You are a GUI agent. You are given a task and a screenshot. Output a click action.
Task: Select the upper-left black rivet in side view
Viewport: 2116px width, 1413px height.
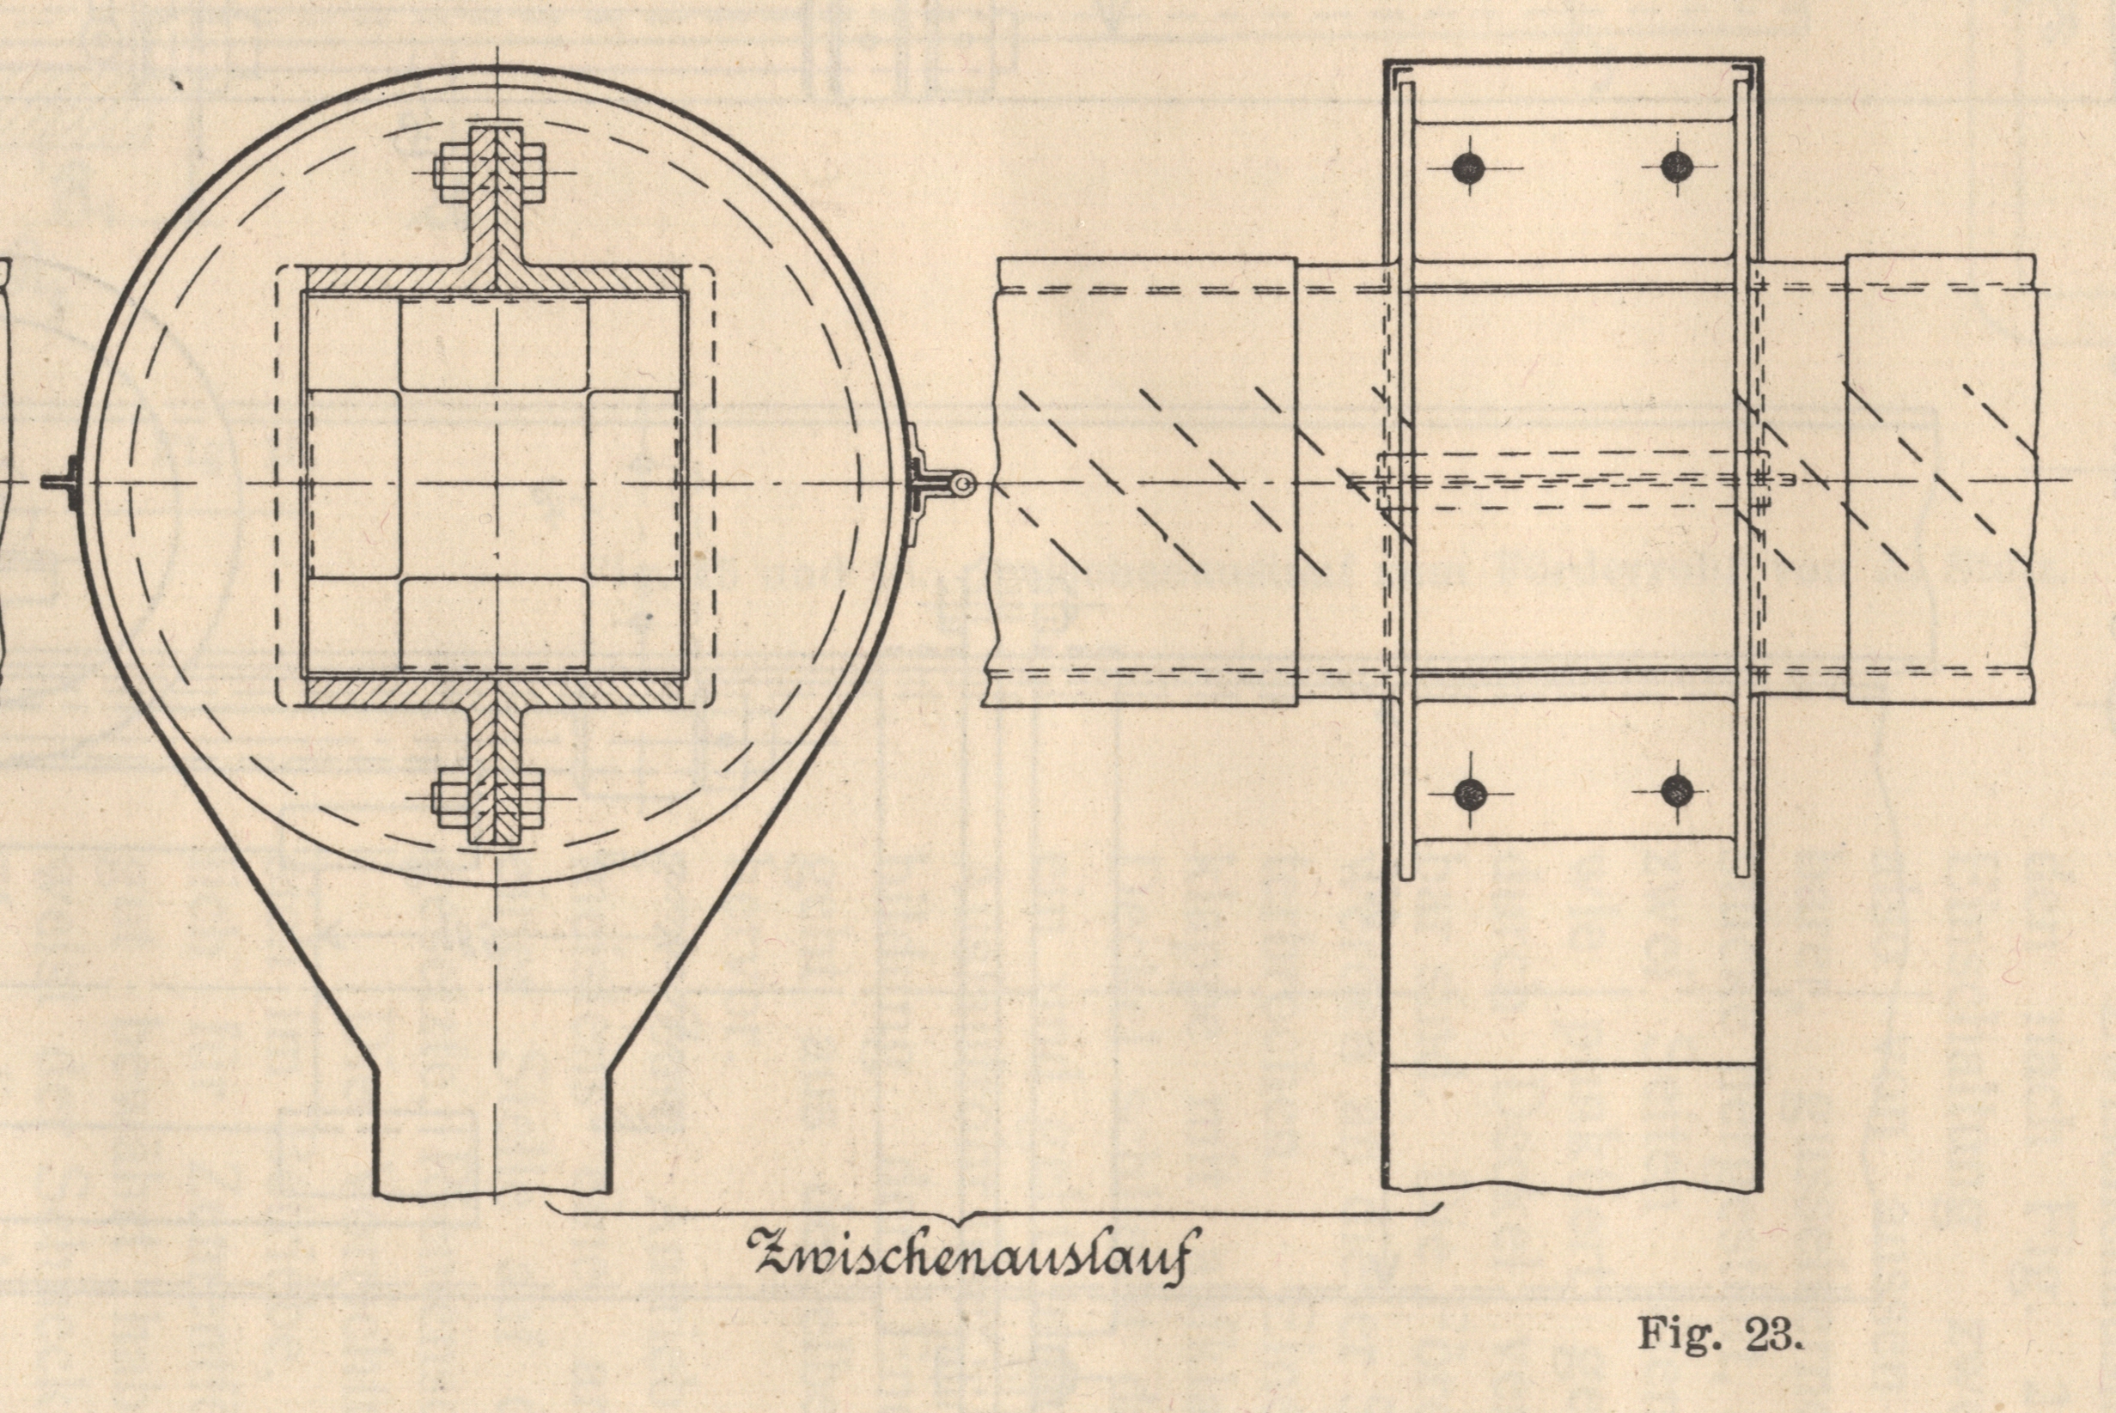coord(1469,167)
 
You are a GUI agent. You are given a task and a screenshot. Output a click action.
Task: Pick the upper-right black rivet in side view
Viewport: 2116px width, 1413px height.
coord(1676,166)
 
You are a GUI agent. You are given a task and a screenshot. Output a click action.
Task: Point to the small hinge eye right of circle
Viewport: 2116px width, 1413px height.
coord(964,485)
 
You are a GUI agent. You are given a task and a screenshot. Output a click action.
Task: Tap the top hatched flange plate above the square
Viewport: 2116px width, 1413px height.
coord(495,278)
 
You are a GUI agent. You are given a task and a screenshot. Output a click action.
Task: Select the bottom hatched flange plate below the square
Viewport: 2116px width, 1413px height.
coord(495,691)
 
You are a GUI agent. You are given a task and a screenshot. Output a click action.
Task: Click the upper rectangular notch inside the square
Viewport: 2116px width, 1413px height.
coord(495,346)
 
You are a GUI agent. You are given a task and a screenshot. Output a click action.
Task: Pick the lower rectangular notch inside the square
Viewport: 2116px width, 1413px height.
coord(495,624)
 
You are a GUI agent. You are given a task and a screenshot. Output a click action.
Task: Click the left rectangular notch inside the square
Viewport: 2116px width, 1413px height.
coord(354,484)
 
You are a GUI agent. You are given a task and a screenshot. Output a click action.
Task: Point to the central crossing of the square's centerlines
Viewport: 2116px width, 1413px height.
coord(496,484)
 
